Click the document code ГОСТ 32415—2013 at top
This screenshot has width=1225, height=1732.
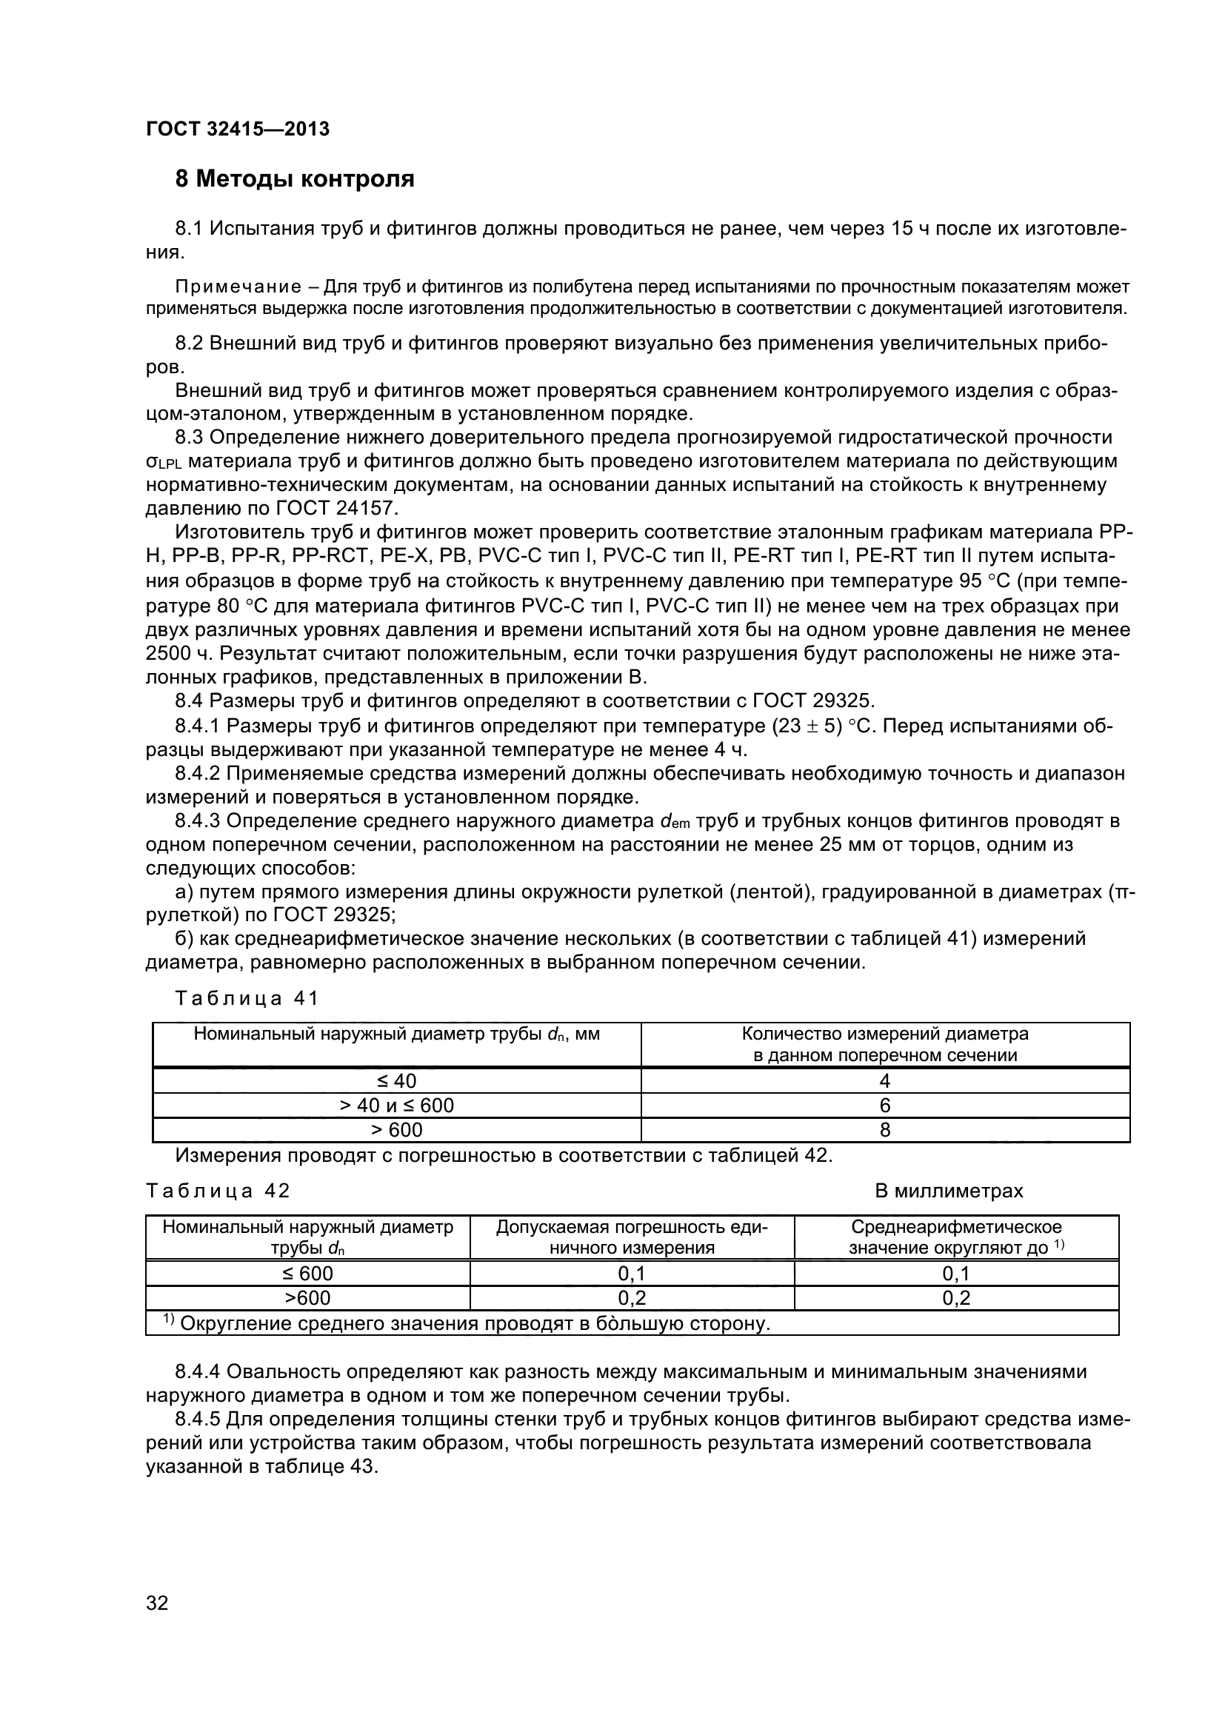coord(238,129)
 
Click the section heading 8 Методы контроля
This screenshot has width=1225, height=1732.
coord(295,179)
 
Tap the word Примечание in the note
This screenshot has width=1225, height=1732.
coord(238,287)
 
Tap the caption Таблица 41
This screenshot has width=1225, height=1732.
coord(247,998)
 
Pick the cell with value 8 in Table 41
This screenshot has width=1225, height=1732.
coord(885,1129)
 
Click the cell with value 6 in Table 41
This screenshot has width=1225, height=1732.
coord(885,1105)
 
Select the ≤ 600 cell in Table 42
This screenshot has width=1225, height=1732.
coord(307,1274)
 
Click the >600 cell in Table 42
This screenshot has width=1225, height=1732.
coord(307,1297)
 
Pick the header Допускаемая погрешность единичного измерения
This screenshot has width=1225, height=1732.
coord(631,1237)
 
